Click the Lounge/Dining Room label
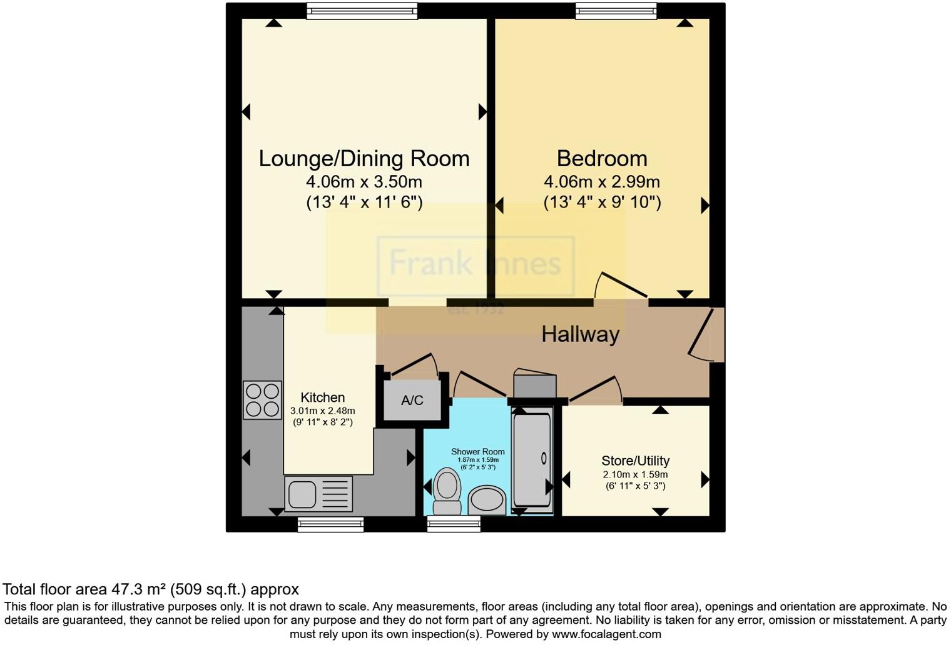point(364,159)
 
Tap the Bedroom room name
point(602,159)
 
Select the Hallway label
point(580,334)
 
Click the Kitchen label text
point(322,397)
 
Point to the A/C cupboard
point(412,401)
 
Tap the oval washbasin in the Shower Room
point(487,500)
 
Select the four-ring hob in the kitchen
point(262,400)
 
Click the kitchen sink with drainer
point(318,493)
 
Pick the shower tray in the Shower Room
point(532,459)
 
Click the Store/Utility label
point(636,461)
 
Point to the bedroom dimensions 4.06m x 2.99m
point(602,182)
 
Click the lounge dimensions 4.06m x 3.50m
point(364,182)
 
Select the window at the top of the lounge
point(362,11)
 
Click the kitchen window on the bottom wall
point(330,524)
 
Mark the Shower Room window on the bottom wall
point(454,524)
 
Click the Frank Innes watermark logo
point(475,264)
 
